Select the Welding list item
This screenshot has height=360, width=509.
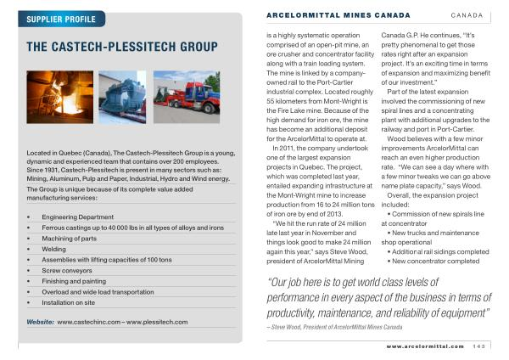coord(54,249)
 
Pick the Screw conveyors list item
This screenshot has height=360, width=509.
coord(68,270)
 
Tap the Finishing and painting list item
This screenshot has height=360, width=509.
coord(74,280)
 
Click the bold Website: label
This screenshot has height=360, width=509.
coord(41,323)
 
